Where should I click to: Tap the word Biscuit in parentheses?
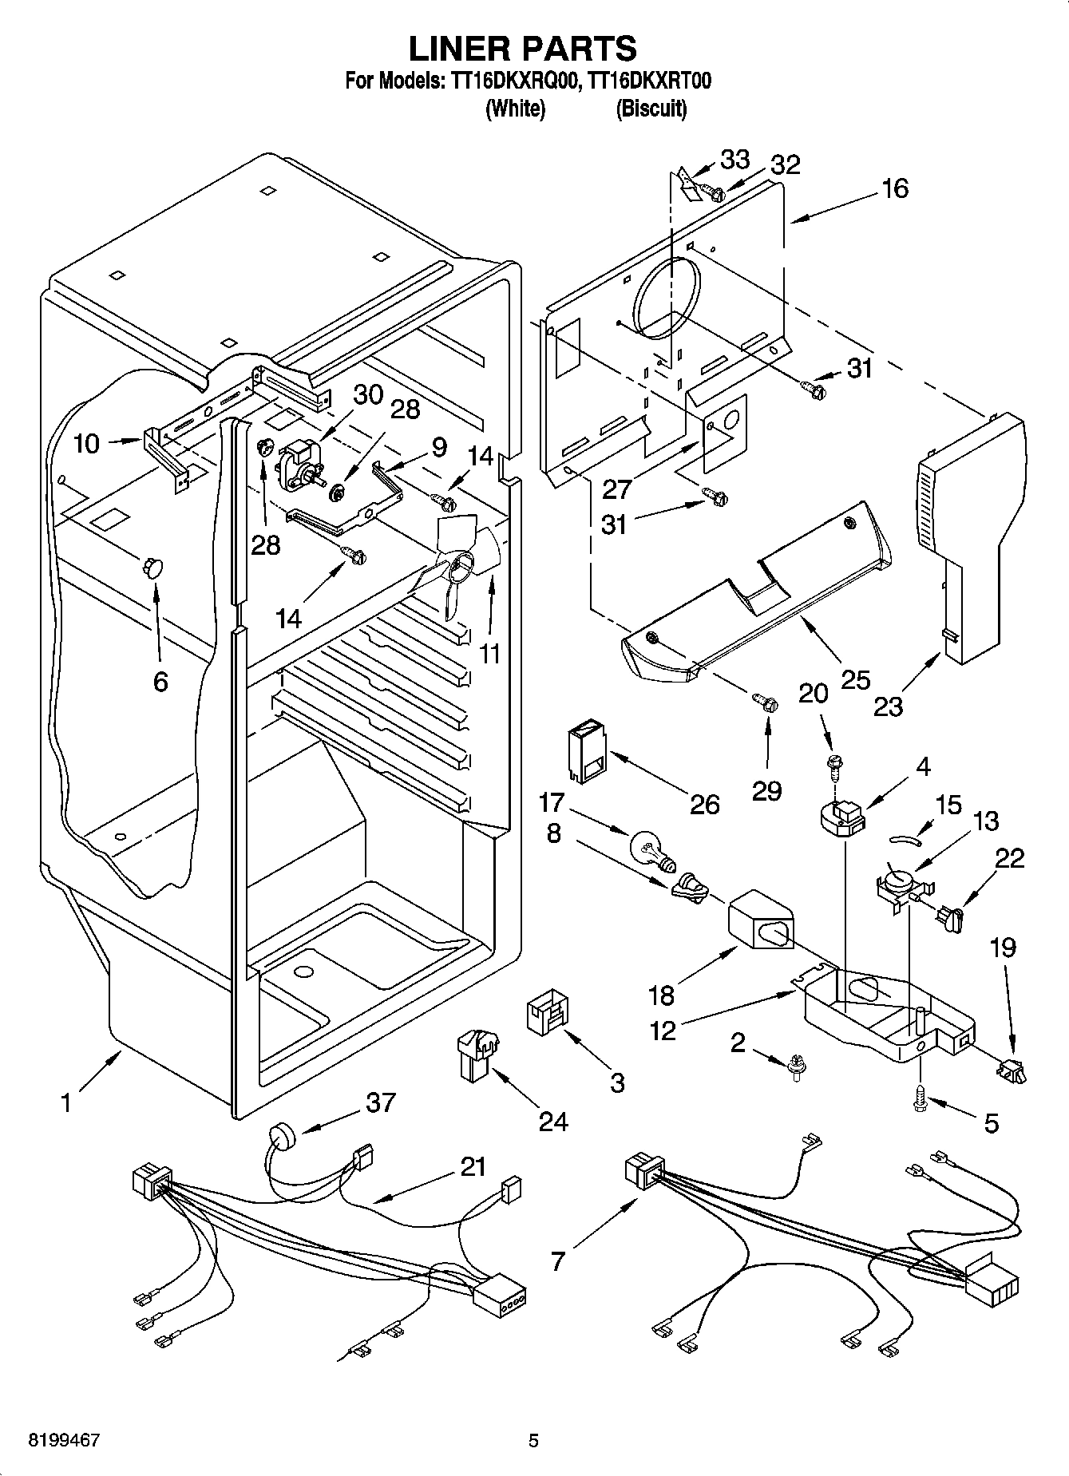coord(651,109)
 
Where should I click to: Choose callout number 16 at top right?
coord(895,189)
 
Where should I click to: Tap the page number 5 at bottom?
coord(533,1440)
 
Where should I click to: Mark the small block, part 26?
coord(585,749)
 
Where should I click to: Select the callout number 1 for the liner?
coord(66,1103)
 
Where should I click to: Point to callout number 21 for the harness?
coord(473,1166)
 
